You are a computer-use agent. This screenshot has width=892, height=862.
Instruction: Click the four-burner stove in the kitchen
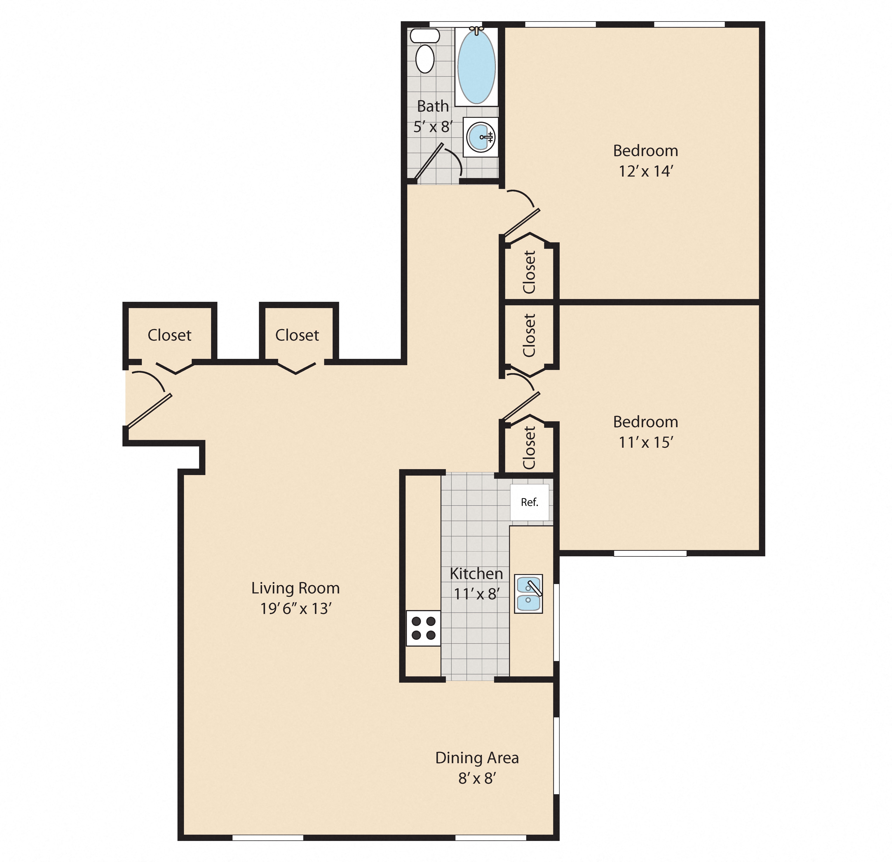coord(423,628)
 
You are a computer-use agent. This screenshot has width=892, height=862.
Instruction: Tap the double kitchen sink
coord(528,593)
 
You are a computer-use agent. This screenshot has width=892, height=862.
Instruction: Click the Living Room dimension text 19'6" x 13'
coord(296,608)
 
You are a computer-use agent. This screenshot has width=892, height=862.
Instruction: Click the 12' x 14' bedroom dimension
coord(645,171)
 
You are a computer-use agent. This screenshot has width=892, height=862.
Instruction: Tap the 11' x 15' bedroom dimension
coord(645,442)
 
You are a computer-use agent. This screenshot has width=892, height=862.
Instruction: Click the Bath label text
coord(433,107)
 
